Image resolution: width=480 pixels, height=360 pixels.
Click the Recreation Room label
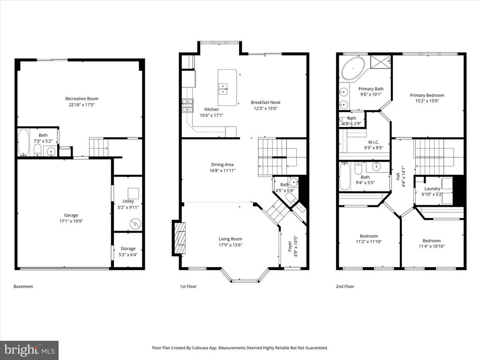pyautogui.click(x=82, y=98)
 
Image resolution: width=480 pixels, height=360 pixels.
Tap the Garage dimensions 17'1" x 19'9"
pyautogui.click(x=71, y=221)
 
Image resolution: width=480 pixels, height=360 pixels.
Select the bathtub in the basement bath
pyautogui.click(x=23, y=143)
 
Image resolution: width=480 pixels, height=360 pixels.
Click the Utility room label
pyautogui.click(x=128, y=202)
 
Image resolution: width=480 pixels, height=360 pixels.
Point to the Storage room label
pyautogui.click(x=128, y=248)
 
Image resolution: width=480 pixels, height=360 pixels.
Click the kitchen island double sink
pyautogui.click(x=224, y=88)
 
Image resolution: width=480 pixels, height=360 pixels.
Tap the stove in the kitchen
pyautogui.click(x=188, y=105)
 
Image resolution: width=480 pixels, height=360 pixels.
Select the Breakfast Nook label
pyautogui.click(x=266, y=102)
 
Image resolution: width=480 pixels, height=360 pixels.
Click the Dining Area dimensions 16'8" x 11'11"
pyautogui.click(x=223, y=171)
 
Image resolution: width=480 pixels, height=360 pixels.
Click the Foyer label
pyautogui.click(x=290, y=247)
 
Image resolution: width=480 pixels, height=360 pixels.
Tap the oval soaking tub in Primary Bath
pyautogui.click(x=353, y=68)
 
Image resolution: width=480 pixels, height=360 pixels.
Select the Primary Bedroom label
pyautogui.click(x=427, y=95)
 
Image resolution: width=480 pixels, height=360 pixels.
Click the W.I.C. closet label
pyautogui.click(x=374, y=142)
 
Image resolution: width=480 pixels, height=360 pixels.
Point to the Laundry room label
pyautogui.click(x=432, y=188)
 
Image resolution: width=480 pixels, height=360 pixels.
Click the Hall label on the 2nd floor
pyautogui.click(x=397, y=176)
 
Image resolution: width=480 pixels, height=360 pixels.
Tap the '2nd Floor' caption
pyautogui.click(x=345, y=286)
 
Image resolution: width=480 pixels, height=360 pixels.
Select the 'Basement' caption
pyautogui.click(x=23, y=286)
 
